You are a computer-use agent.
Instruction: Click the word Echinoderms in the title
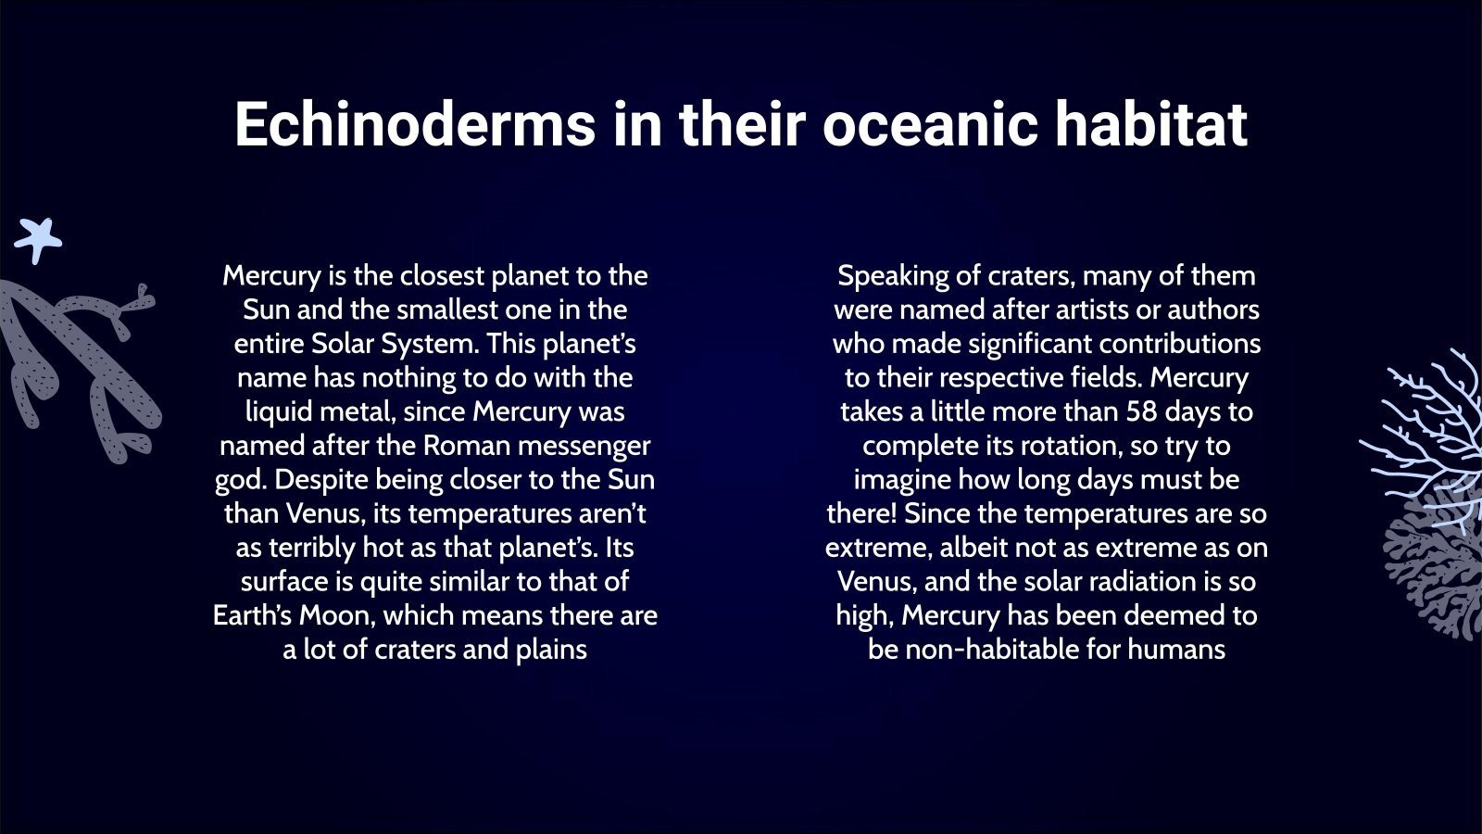pyautogui.click(x=414, y=124)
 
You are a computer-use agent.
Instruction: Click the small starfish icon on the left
pyautogui.click(x=38, y=240)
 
